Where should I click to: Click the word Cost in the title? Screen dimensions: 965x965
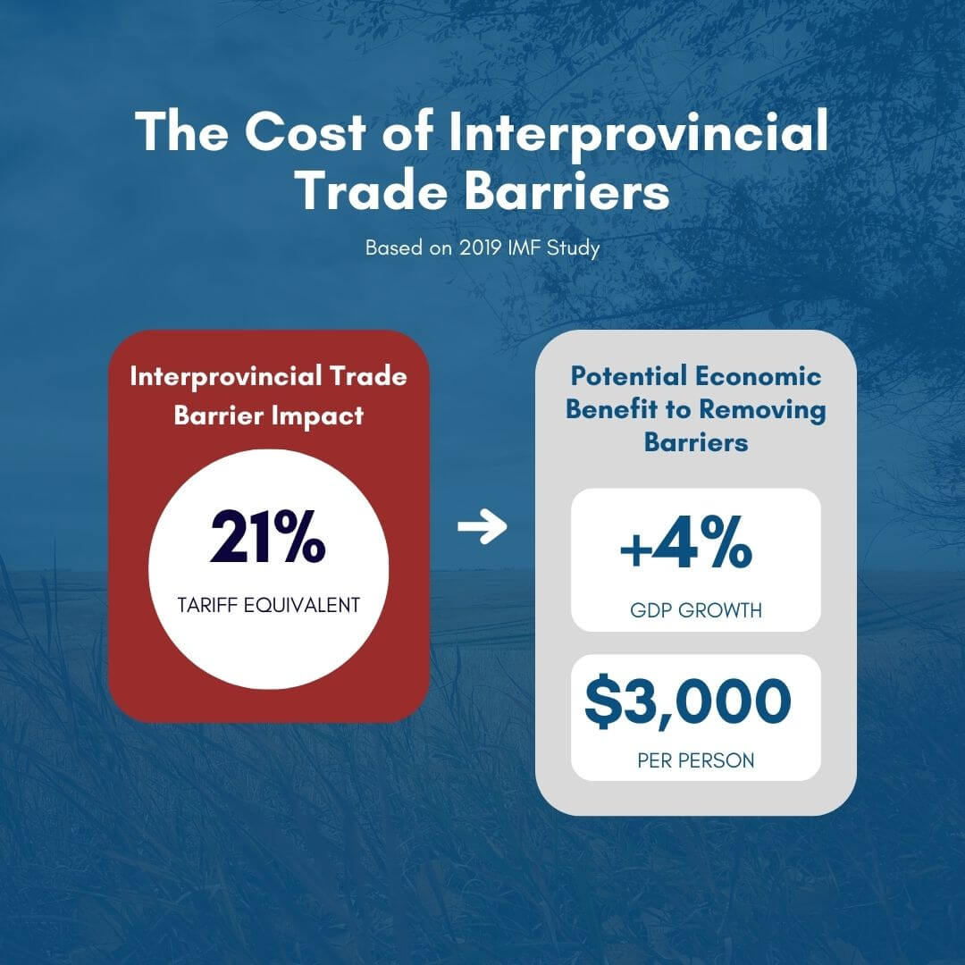click(x=305, y=132)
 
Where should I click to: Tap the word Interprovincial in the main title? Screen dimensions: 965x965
click(x=638, y=132)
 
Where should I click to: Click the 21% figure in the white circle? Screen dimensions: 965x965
click(x=268, y=540)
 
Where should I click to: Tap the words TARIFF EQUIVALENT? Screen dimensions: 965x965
click(x=268, y=605)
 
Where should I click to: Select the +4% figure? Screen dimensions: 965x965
click(x=685, y=548)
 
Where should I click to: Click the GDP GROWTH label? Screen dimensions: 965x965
click(x=695, y=611)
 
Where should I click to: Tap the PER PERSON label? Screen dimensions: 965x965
click(x=695, y=760)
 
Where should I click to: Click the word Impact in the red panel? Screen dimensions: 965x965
click(x=320, y=416)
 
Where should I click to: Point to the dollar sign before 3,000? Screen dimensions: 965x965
click(x=604, y=702)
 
